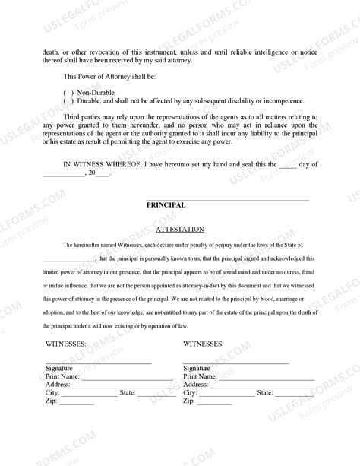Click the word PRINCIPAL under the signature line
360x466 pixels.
[x=166, y=204]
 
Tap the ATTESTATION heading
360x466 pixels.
[x=179, y=228]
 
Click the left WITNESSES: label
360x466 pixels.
[x=65, y=344]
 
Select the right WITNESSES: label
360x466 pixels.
[x=204, y=344]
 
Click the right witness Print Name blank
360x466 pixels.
[x=266, y=378]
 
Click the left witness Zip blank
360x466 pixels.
[x=76, y=402]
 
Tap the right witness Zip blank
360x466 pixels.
[x=215, y=402]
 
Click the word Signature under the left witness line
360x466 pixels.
[x=60, y=368]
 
